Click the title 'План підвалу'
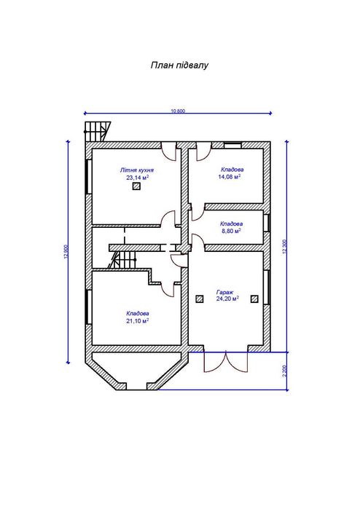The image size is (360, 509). [179, 66]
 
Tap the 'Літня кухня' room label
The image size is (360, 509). [136, 170]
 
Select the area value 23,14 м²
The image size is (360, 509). [138, 178]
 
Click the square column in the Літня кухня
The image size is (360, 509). [136, 186]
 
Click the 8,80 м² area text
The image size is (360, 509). [230, 231]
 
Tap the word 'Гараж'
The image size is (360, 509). [225, 292]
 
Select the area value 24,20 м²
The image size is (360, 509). [227, 299]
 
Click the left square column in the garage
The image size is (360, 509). [200, 299]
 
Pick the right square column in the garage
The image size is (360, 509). [254, 299]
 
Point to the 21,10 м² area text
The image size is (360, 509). [138, 320]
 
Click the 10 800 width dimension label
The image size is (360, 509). [178, 111]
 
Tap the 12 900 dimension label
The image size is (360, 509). [66, 251]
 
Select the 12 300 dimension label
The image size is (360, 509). [285, 247]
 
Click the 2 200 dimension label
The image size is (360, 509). [285, 371]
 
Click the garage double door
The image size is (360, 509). [226, 362]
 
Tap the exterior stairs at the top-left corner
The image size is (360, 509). [98, 132]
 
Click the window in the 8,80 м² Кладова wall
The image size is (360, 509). [267, 223]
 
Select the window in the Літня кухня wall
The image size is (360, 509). [88, 177]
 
